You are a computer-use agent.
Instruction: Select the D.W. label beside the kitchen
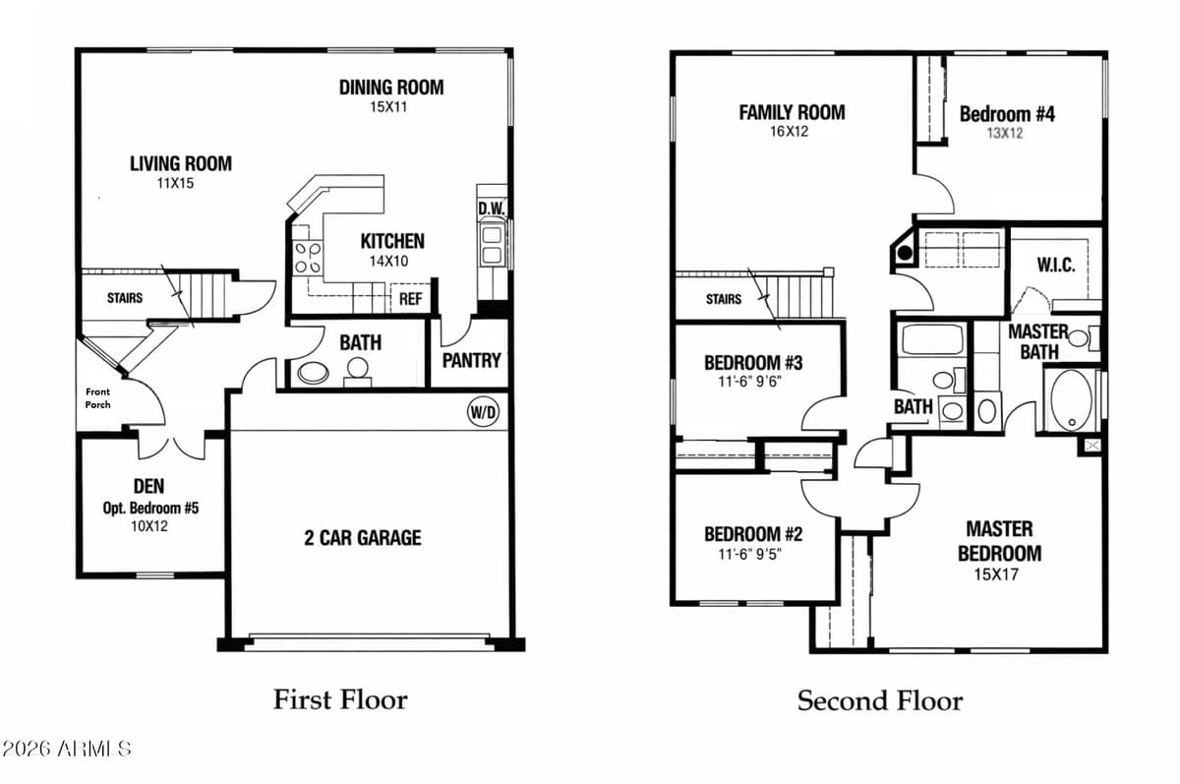pos(491,209)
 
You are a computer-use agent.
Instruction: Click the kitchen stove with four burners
pos(307,256)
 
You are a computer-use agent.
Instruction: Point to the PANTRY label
pos(471,360)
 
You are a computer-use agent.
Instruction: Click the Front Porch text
pos(97,397)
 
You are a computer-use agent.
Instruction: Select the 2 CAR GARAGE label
pos(362,537)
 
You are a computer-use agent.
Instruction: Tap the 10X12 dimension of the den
pos(148,526)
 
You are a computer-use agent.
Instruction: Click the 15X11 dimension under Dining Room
pos(388,107)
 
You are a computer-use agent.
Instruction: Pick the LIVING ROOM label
pos(181,163)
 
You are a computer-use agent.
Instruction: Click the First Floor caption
pos(339,699)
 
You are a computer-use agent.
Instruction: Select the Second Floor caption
pos(879,700)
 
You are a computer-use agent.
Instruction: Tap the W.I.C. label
pos(1055,266)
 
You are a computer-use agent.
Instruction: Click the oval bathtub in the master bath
pos(1070,399)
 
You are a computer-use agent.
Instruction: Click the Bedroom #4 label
pos(1007,114)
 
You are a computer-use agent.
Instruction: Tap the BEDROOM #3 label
pos(754,363)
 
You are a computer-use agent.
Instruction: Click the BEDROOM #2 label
pos(753,534)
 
